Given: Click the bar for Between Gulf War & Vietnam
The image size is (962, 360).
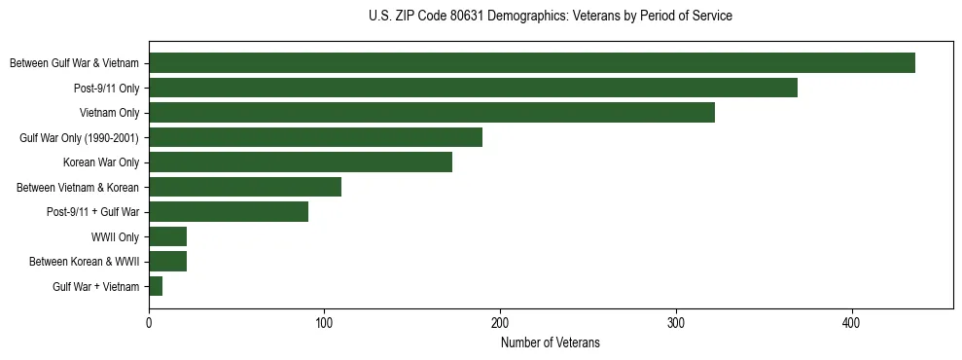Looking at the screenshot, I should pyautogui.click(x=531, y=63).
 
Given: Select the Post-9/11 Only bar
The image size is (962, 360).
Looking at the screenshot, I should pyautogui.click(x=473, y=88).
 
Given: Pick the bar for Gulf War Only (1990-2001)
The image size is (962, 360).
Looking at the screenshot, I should pyautogui.click(x=315, y=137).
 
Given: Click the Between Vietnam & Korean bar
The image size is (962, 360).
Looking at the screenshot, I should pyautogui.click(x=245, y=187).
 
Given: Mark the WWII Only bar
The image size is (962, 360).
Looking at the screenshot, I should pyautogui.click(x=167, y=236).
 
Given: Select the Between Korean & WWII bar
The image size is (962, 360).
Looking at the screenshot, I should pyautogui.click(x=167, y=262).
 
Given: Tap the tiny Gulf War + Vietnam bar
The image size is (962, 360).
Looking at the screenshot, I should pyautogui.click(x=156, y=286).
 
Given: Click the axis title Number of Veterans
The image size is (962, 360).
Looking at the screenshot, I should pyautogui.click(x=550, y=343).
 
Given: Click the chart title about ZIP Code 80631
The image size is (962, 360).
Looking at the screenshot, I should pyautogui.click(x=550, y=17).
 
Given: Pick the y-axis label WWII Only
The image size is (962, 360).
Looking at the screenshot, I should pyautogui.click(x=115, y=236).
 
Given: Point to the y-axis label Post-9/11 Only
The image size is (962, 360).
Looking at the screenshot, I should pyautogui.click(x=105, y=88).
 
